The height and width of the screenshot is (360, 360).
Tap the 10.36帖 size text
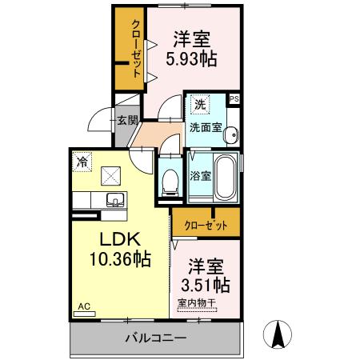120,258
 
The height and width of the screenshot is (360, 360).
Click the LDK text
120,239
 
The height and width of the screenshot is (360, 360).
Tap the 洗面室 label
205,126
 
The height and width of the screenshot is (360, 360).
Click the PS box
234,98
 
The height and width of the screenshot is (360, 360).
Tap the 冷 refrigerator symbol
82,160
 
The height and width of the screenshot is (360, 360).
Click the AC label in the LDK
83,306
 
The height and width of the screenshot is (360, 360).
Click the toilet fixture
169,181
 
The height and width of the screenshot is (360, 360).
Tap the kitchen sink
113,200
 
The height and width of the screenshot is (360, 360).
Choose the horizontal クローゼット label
206,226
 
